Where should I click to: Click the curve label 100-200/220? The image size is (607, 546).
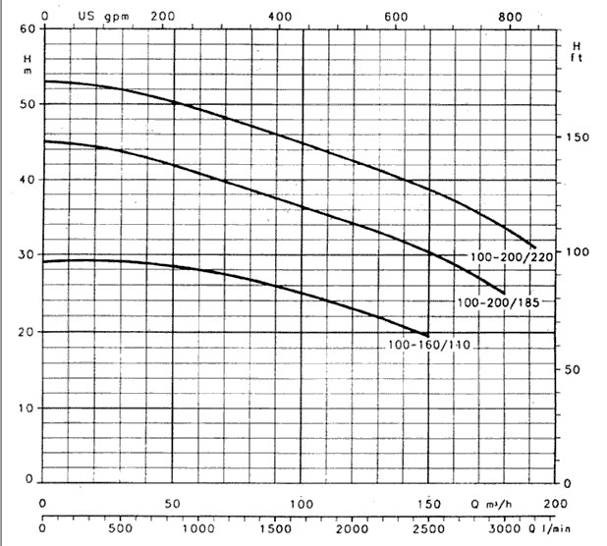512,257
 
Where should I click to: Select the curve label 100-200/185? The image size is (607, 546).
500,302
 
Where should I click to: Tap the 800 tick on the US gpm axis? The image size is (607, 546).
510,17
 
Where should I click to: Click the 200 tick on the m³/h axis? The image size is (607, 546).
556,502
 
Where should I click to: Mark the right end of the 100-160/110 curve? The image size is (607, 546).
428,335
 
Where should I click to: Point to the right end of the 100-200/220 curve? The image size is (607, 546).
535,246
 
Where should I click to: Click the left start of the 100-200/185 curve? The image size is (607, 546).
44,141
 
